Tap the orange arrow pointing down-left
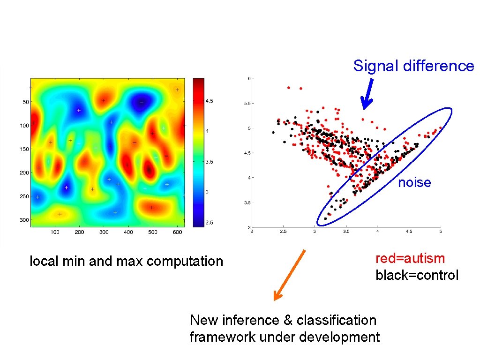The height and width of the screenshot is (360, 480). (x=290, y=275)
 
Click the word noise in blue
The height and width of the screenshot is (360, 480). (x=414, y=183)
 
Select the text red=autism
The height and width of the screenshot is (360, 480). (x=410, y=258)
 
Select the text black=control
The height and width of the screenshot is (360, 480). (x=417, y=275)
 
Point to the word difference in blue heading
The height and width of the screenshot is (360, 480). (x=438, y=66)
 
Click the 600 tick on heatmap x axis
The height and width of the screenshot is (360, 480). (x=178, y=232)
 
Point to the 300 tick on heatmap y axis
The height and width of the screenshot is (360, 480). (x=24, y=220)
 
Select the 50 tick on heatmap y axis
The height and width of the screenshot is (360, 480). (x=25, y=102)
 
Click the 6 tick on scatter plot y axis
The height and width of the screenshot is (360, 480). (x=249, y=78)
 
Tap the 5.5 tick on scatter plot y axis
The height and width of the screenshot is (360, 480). (x=247, y=103)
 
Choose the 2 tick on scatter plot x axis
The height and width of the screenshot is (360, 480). (x=252, y=232)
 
